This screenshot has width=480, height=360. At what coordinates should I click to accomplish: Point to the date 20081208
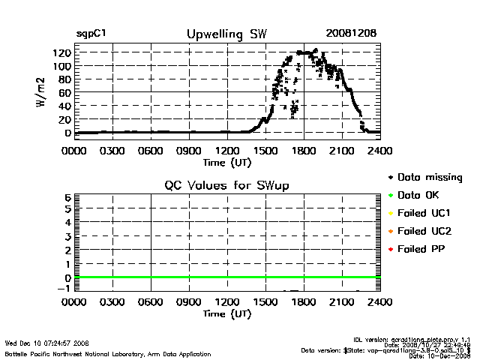tap(351, 34)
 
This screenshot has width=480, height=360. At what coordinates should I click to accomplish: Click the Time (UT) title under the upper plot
tap(227, 162)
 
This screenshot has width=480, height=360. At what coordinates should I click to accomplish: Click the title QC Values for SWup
tap(226, 185)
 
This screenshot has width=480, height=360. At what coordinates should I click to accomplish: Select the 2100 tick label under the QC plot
tap(342, 303)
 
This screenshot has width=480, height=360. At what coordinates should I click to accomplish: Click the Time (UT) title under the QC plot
tap(227, 314)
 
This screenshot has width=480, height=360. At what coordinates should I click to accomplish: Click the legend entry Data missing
tap(430, 178)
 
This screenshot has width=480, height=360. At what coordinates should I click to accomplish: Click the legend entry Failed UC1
tap(425, 213)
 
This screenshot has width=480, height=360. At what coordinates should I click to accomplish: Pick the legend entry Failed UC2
tap(425, 231)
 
